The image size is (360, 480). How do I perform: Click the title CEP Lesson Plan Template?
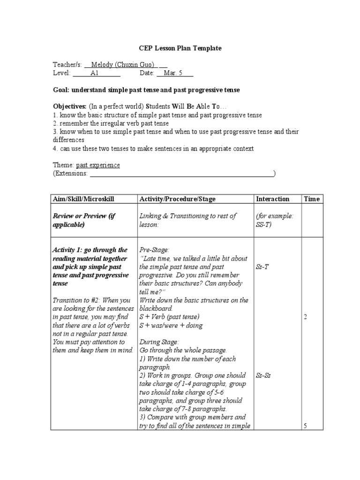click(180, 48)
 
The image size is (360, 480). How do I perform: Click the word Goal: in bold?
click(61, 90)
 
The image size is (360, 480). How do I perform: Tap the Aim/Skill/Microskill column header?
click(83, 199)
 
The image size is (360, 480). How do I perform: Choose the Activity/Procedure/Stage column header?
click(177, 199)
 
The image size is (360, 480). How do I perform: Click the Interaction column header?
click(272, 199)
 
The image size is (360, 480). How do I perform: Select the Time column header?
click(311, 199)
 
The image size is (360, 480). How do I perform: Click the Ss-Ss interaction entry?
click(263, 375)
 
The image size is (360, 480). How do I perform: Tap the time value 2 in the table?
click(305, 317)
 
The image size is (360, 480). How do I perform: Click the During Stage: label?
click(159, 342)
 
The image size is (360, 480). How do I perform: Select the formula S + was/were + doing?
click(171, 326)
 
